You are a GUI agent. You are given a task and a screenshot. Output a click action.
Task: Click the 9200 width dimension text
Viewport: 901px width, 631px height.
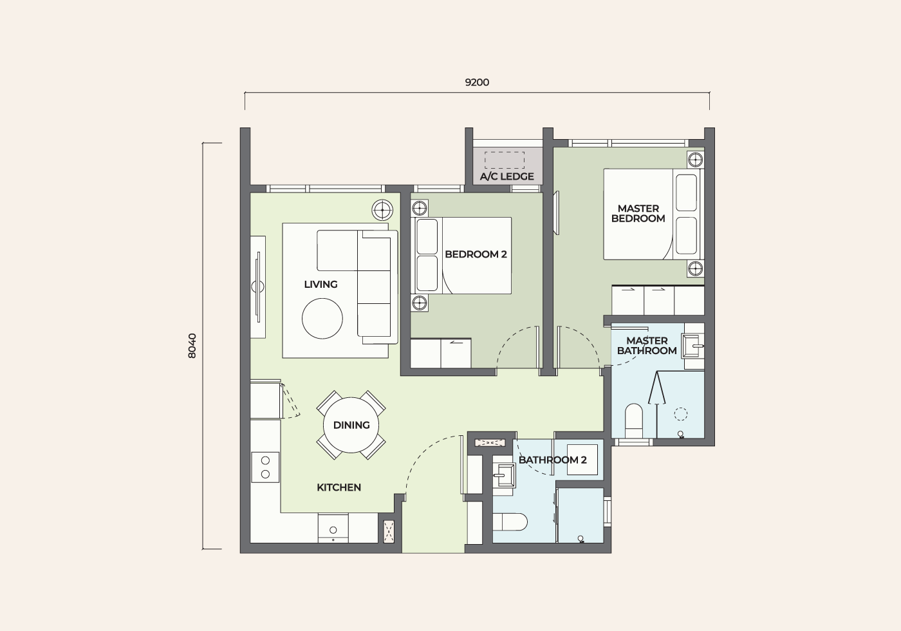(x=477, y=82)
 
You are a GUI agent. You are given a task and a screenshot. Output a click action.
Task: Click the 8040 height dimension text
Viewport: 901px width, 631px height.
(x=192, y=346)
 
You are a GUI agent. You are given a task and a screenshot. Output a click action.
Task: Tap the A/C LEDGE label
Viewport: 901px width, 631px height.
(x=507, y=176)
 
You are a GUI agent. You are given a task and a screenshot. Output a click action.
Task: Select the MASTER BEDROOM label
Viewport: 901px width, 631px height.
(x=638, y=214)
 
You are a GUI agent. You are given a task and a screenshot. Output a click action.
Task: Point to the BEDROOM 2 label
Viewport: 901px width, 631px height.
(x=476, y=254)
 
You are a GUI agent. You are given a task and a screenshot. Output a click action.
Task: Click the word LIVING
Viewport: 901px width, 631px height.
(x=320, y=285)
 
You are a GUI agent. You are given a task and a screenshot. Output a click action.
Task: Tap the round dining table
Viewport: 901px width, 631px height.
(x=351, y=425)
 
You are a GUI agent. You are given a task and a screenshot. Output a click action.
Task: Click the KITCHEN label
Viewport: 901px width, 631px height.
(x=339, y=487)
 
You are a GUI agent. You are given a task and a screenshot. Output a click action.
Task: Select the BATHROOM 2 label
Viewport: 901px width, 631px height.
(x=553, y=460)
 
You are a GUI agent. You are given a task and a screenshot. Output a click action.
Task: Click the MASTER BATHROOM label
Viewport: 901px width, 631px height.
(x=647, y=346)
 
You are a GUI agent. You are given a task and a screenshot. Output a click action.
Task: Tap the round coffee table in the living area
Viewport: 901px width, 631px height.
(x=322, y=318)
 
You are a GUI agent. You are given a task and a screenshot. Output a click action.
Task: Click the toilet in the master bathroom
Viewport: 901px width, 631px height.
(x=635, y=420)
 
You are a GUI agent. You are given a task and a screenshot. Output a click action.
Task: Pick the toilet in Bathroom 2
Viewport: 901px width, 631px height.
(x=510, y=522)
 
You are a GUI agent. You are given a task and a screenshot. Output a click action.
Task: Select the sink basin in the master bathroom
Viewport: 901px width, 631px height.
(x=692, y=345)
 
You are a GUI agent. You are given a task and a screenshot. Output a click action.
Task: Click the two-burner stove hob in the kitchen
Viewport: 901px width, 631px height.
(x=265, y=467)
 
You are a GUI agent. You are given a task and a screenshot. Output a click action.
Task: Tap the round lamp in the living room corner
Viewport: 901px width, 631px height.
(x=382, y=210)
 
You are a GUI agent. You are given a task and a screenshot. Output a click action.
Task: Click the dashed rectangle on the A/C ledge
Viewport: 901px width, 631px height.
(x=505, y=160)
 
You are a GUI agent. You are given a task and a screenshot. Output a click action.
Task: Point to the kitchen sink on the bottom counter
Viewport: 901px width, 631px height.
(x=333, y=529)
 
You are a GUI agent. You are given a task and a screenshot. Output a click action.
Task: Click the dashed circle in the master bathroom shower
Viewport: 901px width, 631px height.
(x=681, y=413)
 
